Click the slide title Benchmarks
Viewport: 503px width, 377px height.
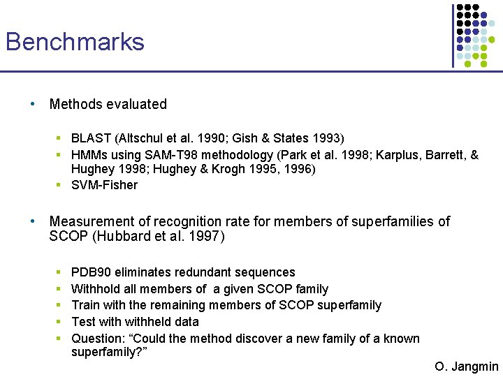(75, 42)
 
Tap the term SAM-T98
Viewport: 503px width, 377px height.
(170, 155)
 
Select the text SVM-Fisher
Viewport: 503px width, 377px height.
(104, 185)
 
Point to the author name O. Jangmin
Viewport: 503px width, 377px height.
(466, 367)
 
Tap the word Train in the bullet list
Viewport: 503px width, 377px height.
(86, 305)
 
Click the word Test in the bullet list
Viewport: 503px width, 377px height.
(84, 322)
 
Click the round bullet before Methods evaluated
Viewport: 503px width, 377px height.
(33, 104)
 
